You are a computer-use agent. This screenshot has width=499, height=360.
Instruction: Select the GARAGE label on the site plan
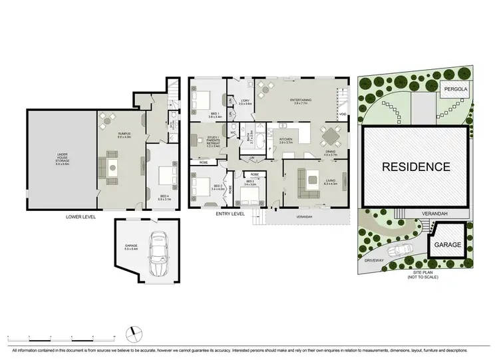pyautogui.click(x=448, y=245)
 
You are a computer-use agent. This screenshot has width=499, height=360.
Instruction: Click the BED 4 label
pyautogui.click(x=164, y=198)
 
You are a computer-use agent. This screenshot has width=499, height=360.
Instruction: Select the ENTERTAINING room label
pyautogui.click(x=301, y=101)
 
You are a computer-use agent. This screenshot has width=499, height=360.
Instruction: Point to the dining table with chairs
pyautogui.click(x=331, y=137)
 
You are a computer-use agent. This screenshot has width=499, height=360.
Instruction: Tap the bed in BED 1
pyautogui.click(x=201, y=101)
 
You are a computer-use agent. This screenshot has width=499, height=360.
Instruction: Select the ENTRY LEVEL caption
pyautogui.click(x=230, y=214)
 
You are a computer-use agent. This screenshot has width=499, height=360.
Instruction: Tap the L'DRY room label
pyautogui.click(x=245, y=102)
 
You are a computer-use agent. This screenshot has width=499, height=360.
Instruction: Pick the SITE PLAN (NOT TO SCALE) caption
pyautogui.click(x=425, y=274)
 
